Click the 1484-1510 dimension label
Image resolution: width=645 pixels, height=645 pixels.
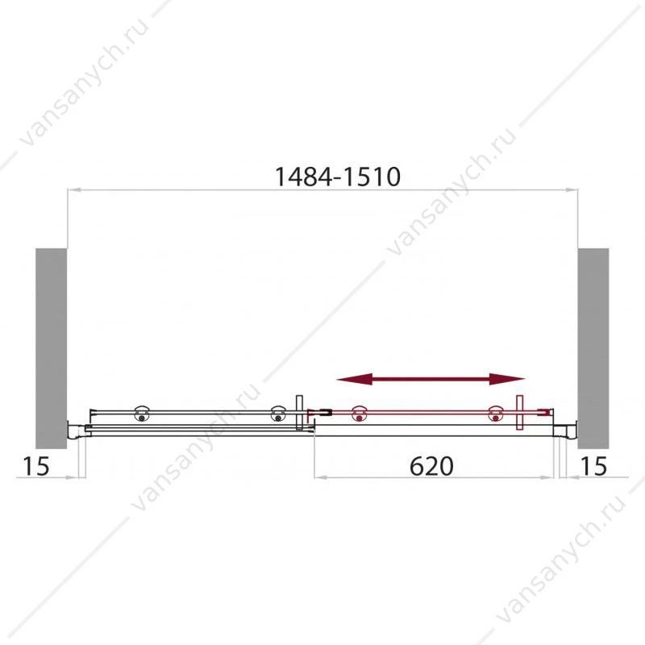pos(337,177)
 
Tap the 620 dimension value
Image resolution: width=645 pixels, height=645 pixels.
pos(431,466)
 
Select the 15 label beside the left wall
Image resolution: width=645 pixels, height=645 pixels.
pos(35,466)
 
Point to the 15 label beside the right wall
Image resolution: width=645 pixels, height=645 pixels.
pos(593,466)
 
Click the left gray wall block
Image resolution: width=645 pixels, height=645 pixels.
pos(51,348)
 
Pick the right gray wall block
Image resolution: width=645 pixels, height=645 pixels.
pos(593,348)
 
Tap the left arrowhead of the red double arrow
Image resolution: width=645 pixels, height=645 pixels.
pos(354,379)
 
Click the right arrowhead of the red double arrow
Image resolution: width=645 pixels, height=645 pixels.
pos(507,379)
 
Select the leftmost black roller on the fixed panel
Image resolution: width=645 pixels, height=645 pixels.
pos(142,414)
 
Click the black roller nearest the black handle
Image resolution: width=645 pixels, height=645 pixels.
pos(278,414)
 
